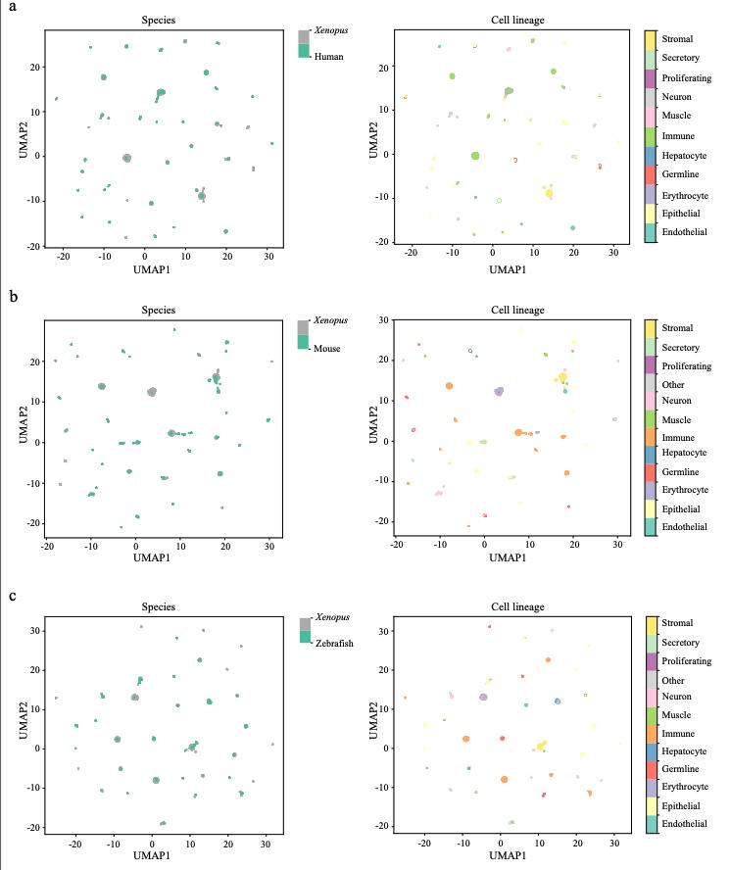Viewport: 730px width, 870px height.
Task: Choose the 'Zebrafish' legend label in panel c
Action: click(333, 636)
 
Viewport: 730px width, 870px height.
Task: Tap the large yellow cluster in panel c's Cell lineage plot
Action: click(541, 746)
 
